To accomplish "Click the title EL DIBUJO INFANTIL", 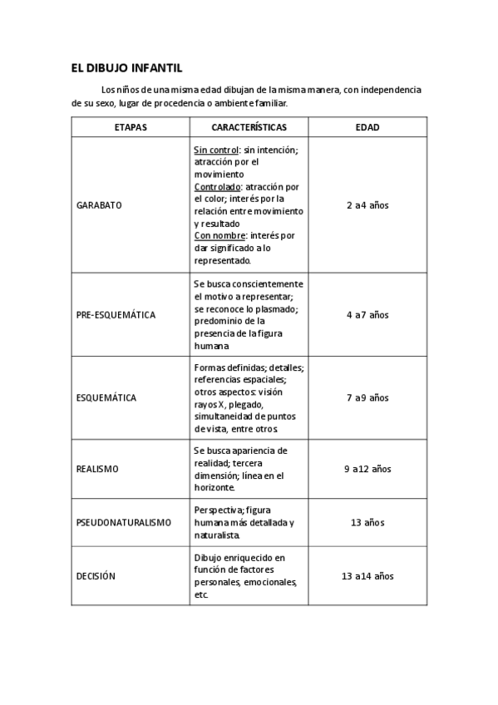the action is [x=126, y=68].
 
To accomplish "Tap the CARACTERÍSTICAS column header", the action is [x=249, y=127].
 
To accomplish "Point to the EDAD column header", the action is [x=367, y=127].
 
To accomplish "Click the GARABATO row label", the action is [x=99, y=205].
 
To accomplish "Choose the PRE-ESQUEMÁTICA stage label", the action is [x=116, y=315].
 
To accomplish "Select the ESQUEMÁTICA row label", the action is [x=106, y=397].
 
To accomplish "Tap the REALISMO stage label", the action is [x=97, y=469].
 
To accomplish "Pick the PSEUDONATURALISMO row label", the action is [x=123, y=522].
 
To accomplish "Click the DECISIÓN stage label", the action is [x=96, y=576].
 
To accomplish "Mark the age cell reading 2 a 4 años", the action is [x=367, y=205].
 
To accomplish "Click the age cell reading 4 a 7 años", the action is [x=367, y=315].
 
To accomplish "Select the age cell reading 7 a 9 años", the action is [x=367, y=397].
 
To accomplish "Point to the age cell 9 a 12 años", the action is [x=367, y=469].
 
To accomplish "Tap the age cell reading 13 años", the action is [x=367, y=522].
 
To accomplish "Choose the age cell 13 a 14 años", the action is [x=367, y=576].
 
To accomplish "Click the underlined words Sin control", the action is [x=216, y=150].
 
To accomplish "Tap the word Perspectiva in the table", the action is [x=218, y=510].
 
